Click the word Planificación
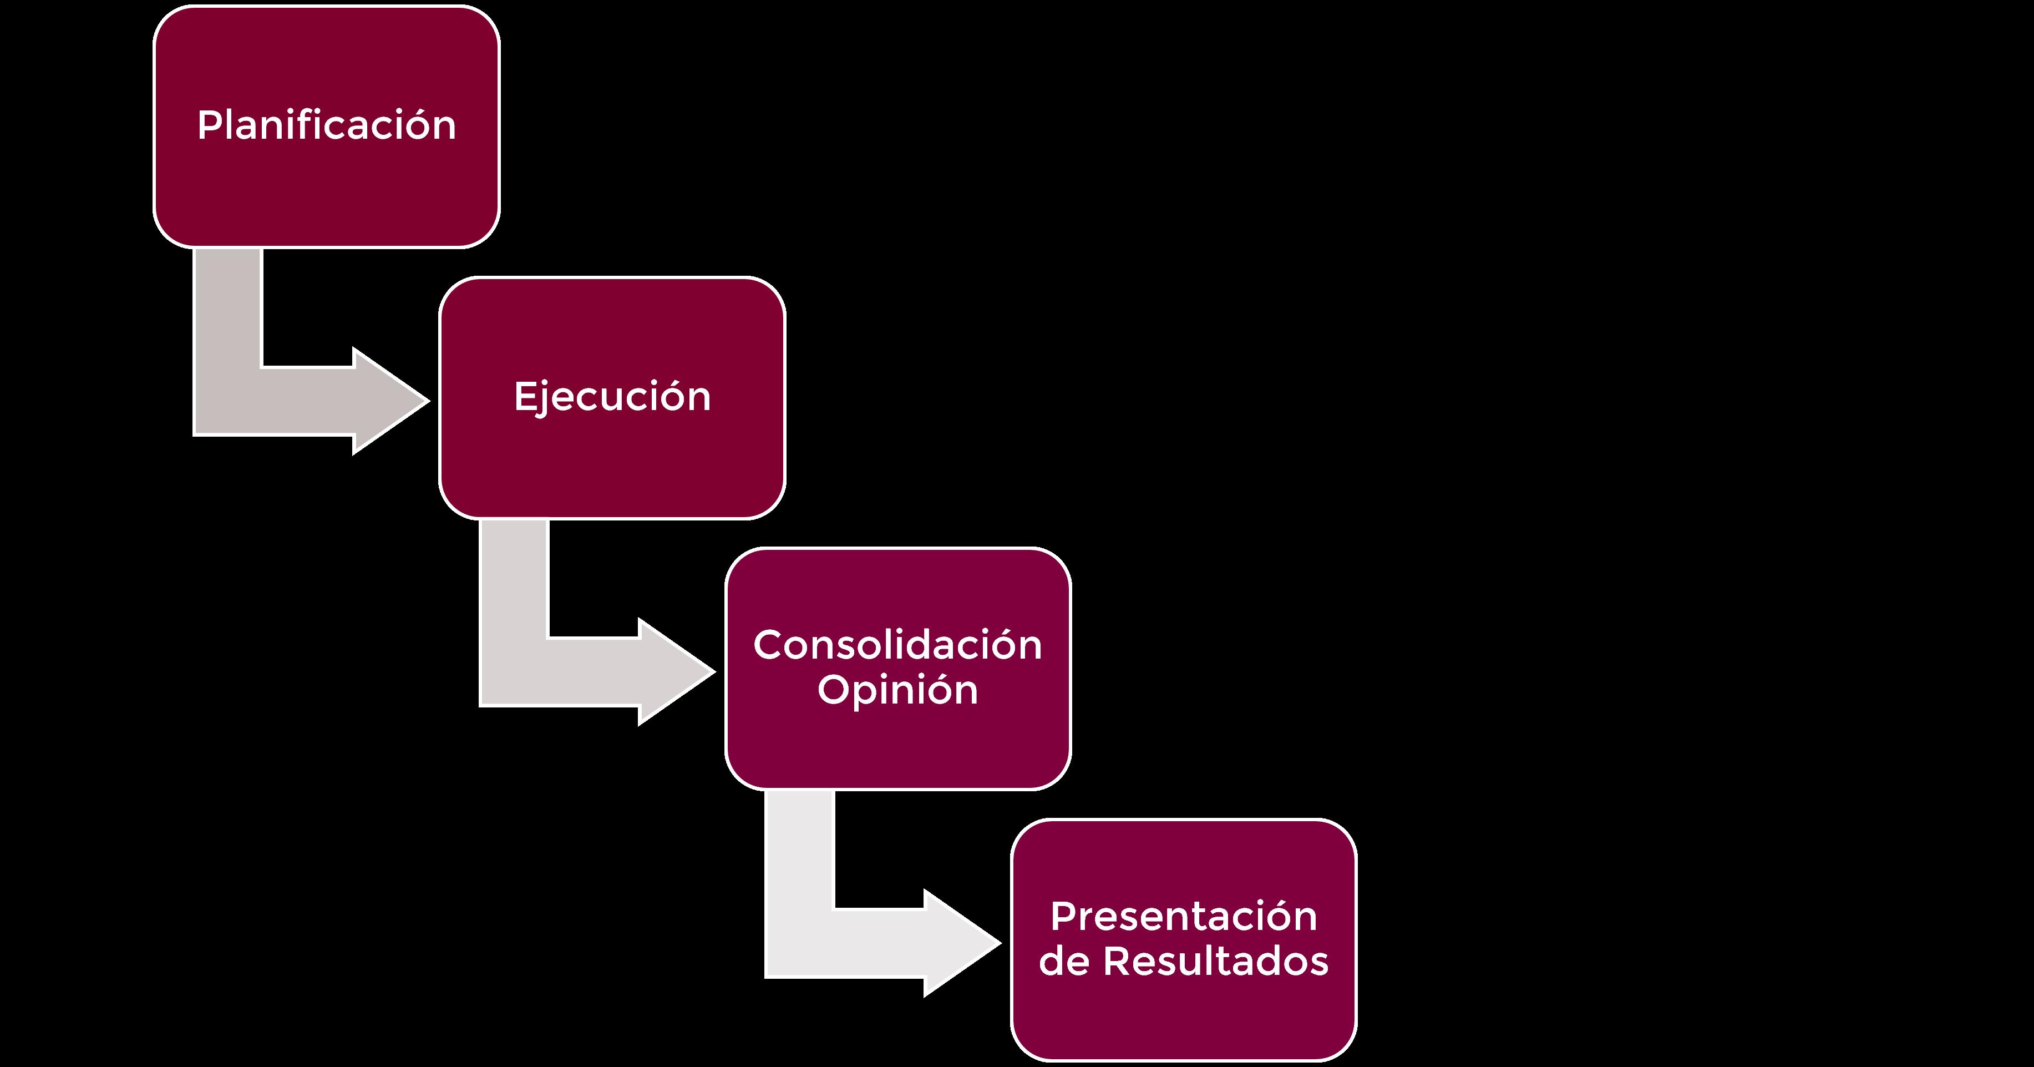point(326,125)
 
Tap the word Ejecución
point(612,397)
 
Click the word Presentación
point(1183,916)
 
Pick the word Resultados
point(1215,961)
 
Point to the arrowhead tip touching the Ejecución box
point(427,401)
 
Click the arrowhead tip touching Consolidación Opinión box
point(712,672)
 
